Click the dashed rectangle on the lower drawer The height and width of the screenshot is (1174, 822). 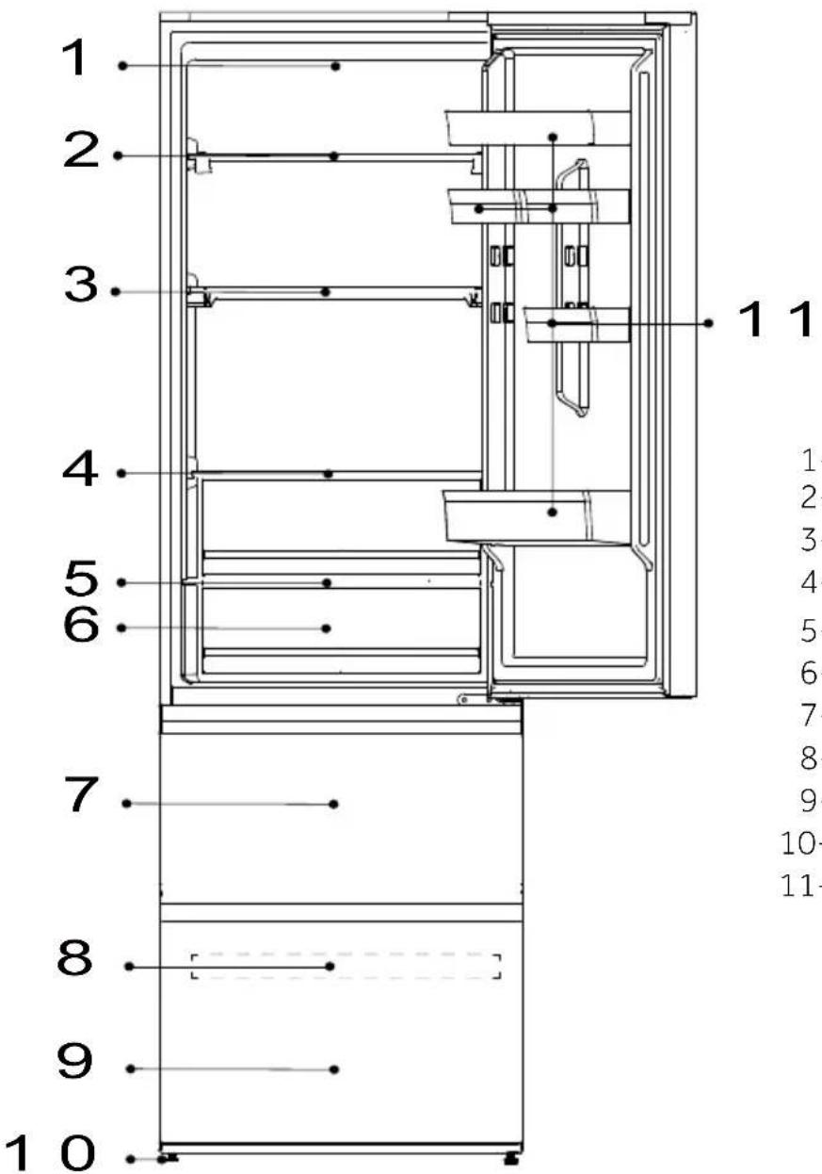[x=346, y=967]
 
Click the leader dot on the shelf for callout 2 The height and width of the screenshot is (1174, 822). [x=334, y=156]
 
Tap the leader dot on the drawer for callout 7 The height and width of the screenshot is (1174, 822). [x=334, y=804]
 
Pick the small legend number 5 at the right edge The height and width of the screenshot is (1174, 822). [x=809, y=630]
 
